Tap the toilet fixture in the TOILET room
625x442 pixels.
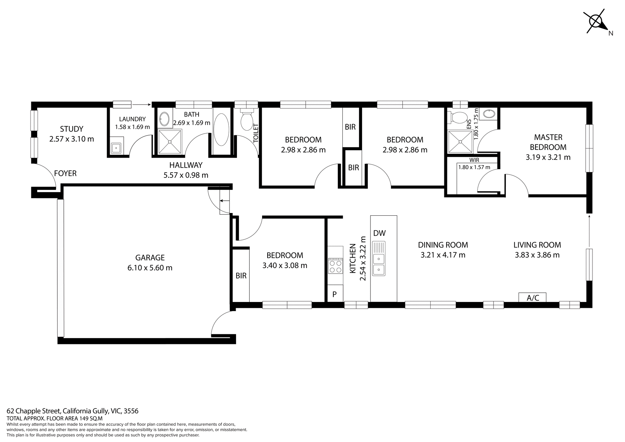tap(247, 121)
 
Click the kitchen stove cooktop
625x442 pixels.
tap(336, 266)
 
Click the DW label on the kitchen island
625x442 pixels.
tap(380, 233)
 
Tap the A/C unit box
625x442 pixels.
tap(533, 297)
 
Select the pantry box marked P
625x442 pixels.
tap(335, 294)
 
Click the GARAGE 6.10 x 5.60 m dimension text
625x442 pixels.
tap(150, 268)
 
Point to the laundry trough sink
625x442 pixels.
tap(116, 148)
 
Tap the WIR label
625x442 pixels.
tap(474, 160)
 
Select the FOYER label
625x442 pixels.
tap(65, 173)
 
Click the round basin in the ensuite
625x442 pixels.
tap(489, 114)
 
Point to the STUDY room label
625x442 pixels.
tap(72, 129)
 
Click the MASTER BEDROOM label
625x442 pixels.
tap(548, 142)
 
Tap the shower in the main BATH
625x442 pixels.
tap(170, 142)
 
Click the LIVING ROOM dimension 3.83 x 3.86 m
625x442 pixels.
tap(537, 255)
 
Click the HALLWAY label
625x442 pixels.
tap(186, 165)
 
